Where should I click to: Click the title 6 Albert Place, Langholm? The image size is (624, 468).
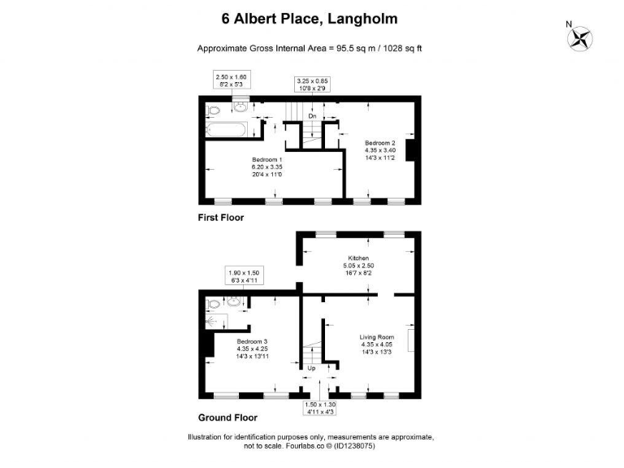pyautogui.click(x=310, y=18)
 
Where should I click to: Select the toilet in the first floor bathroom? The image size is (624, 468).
pyautogui.click(x=212, y=110)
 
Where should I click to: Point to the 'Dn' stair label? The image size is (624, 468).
pyautogui.click(x=311, y=116)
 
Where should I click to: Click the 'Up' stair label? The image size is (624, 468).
pyautogui.click(x=311, y=368)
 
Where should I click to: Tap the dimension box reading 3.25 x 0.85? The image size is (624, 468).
pyautogui.click(x=312, y=84)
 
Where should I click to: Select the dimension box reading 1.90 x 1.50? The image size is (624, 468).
pyautogui.click(x=243, y=277)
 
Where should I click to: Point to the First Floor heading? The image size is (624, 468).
pyautogui.click(x=221, y=218)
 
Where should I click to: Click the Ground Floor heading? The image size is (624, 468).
pyautogui.click(x=227, y=418)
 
